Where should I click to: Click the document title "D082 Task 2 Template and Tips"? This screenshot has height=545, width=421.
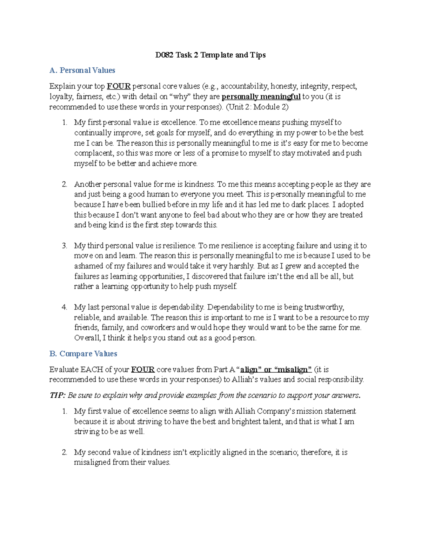coord(210,55)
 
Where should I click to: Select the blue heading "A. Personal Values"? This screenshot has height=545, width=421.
coord(82,71)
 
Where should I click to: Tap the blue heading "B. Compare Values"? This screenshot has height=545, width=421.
coord(83,354)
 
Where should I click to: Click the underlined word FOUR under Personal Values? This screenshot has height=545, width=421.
coord(119,86)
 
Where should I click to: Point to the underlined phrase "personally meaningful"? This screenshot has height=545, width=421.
coord(261,97)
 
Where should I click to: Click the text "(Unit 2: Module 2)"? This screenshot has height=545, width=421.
coord(257,107)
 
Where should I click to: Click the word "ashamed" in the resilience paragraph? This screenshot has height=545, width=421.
coord(88,266)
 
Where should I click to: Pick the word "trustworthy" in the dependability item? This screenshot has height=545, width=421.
coord(323,307)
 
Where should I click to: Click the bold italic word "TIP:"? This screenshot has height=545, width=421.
coord(57,396)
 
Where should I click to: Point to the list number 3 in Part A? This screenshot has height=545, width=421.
coord(65,246)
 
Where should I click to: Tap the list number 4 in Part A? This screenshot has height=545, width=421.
coord(65,307)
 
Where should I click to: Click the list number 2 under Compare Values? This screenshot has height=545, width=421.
coord(65,452)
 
